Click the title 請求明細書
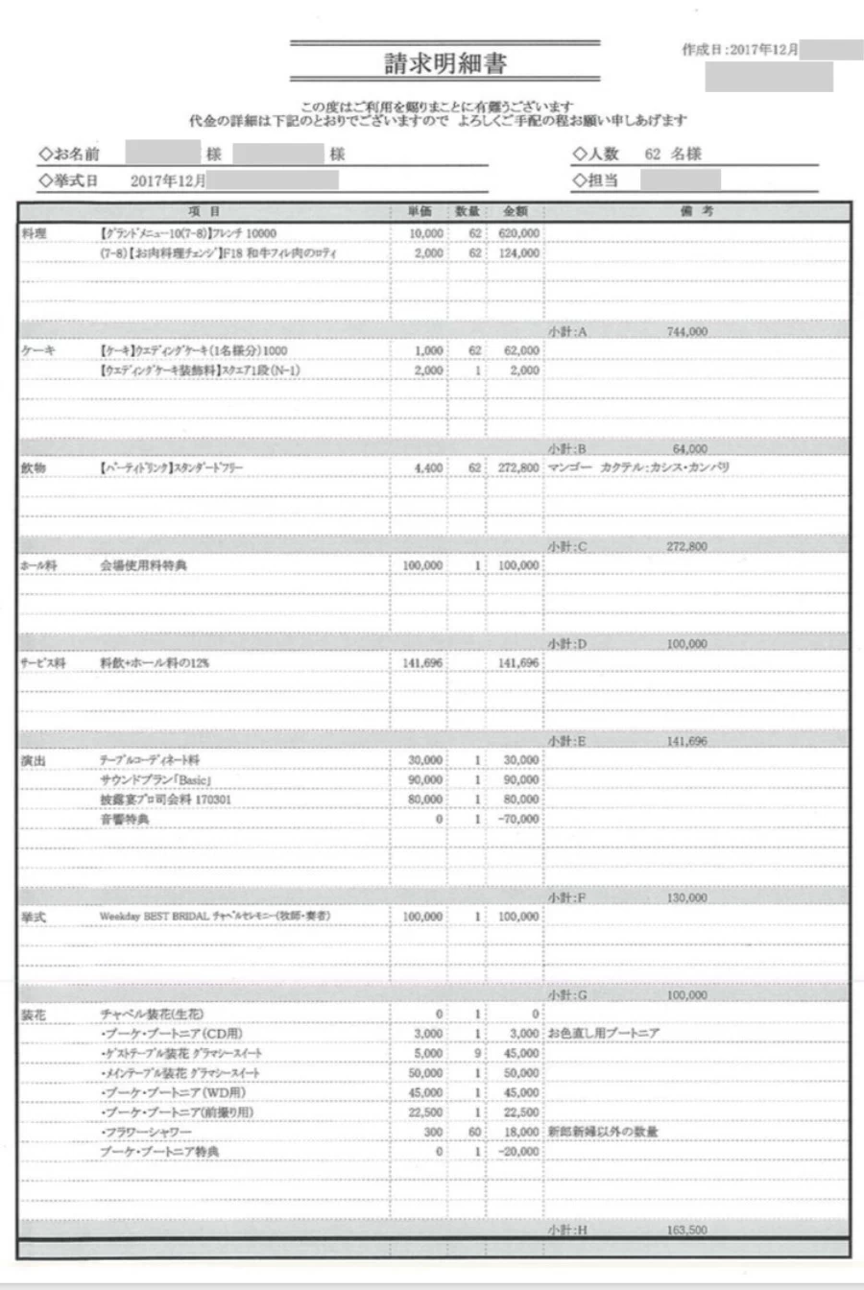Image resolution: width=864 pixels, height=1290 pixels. [x=444, y=64]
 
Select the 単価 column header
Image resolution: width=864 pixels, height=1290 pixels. [x=420, y=211]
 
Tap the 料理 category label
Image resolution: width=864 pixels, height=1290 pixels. [x=34, y=233]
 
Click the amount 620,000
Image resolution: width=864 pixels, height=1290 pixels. [x=518, y=233]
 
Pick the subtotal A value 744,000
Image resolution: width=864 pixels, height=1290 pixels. [x=686, y=331]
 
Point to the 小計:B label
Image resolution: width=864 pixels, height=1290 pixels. [x=566, y=448]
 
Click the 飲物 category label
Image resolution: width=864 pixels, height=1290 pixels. [x=34, y=467]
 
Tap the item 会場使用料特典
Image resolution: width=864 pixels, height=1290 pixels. [x=143, y=565]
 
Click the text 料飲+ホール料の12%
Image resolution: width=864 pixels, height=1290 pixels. [x=154, y=663]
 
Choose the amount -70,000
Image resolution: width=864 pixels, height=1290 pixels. [x=518, y=820]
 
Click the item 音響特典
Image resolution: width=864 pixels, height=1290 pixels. [x=125, y=820]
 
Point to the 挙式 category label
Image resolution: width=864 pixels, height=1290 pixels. [x=34, y=918]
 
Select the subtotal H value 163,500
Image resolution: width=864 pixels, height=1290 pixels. [x=686, y=1230]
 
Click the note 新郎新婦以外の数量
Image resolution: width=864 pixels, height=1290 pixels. [x=603, y=1132]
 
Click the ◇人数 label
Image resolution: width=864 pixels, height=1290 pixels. [x=596, y=154]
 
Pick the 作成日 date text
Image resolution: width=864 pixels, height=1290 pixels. [x=739, y=50]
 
